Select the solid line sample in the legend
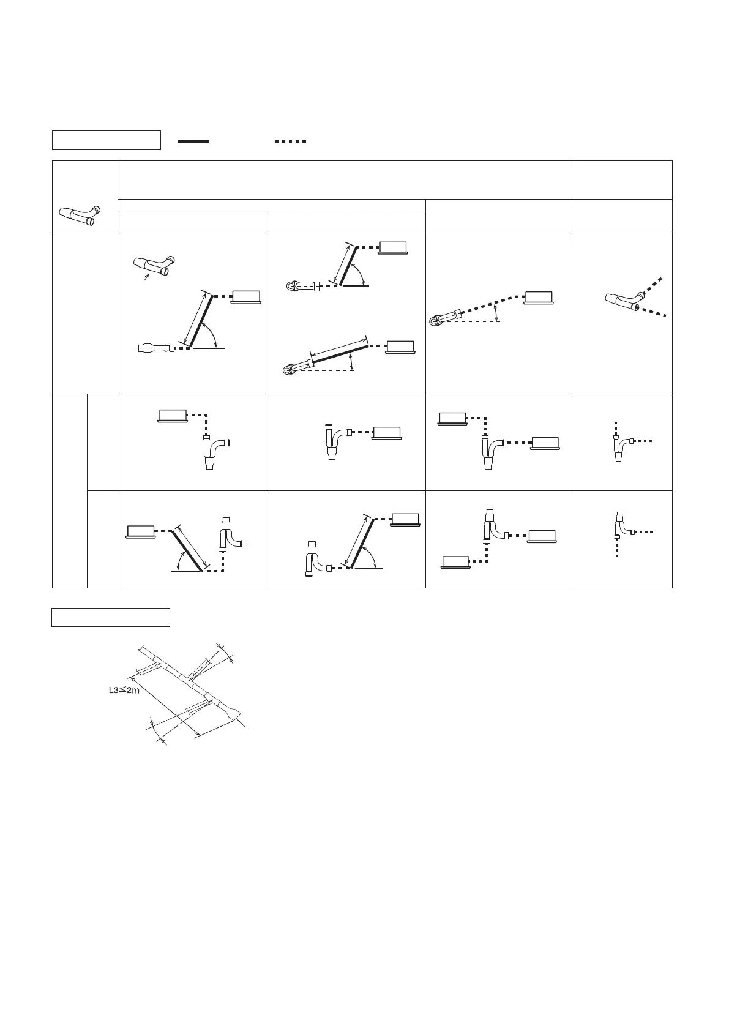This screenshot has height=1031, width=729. pyautogui.click(x=193, y=141)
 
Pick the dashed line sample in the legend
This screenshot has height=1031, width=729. pyautogui.click(x=290, y=141)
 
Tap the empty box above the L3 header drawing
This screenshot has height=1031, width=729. pyautogui.click(x=110, y=618)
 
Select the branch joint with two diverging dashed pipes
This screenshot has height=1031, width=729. pyautogui.click(x=622, y=299)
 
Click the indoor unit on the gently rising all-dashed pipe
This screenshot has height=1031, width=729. pyautogui.click(x=539, y=298)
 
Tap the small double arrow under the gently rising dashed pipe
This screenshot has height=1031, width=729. pyautogui.click(x=497, y=313)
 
